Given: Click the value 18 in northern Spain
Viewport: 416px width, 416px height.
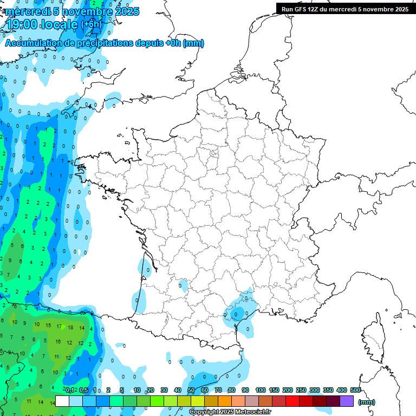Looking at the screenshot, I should (70, 328).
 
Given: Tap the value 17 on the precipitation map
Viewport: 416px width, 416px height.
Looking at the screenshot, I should (58, 327).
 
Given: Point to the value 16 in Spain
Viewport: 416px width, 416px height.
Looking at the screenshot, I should (58, 342).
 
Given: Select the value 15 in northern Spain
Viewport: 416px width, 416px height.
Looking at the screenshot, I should (48, 326).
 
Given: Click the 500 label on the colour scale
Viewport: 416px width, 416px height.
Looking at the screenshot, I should (355, 390).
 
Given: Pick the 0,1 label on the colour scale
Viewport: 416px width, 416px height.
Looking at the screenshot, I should (70, 390).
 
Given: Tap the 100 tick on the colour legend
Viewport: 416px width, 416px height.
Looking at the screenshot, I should (260, 390).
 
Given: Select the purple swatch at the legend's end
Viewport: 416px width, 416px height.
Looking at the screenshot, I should (347, 401).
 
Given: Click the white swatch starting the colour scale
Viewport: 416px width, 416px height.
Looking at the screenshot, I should (62, 401).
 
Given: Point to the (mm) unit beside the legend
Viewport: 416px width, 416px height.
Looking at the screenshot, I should (367, 402).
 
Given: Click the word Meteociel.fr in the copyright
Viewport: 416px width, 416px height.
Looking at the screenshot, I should (253, 412).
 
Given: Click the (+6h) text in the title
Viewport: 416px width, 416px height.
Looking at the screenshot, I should (91, 24).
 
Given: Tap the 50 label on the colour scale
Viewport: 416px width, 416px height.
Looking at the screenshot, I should (191, 390).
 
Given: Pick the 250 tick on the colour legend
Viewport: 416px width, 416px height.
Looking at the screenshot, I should (301, 390).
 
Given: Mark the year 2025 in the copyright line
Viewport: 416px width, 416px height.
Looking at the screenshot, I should (227, 412).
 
